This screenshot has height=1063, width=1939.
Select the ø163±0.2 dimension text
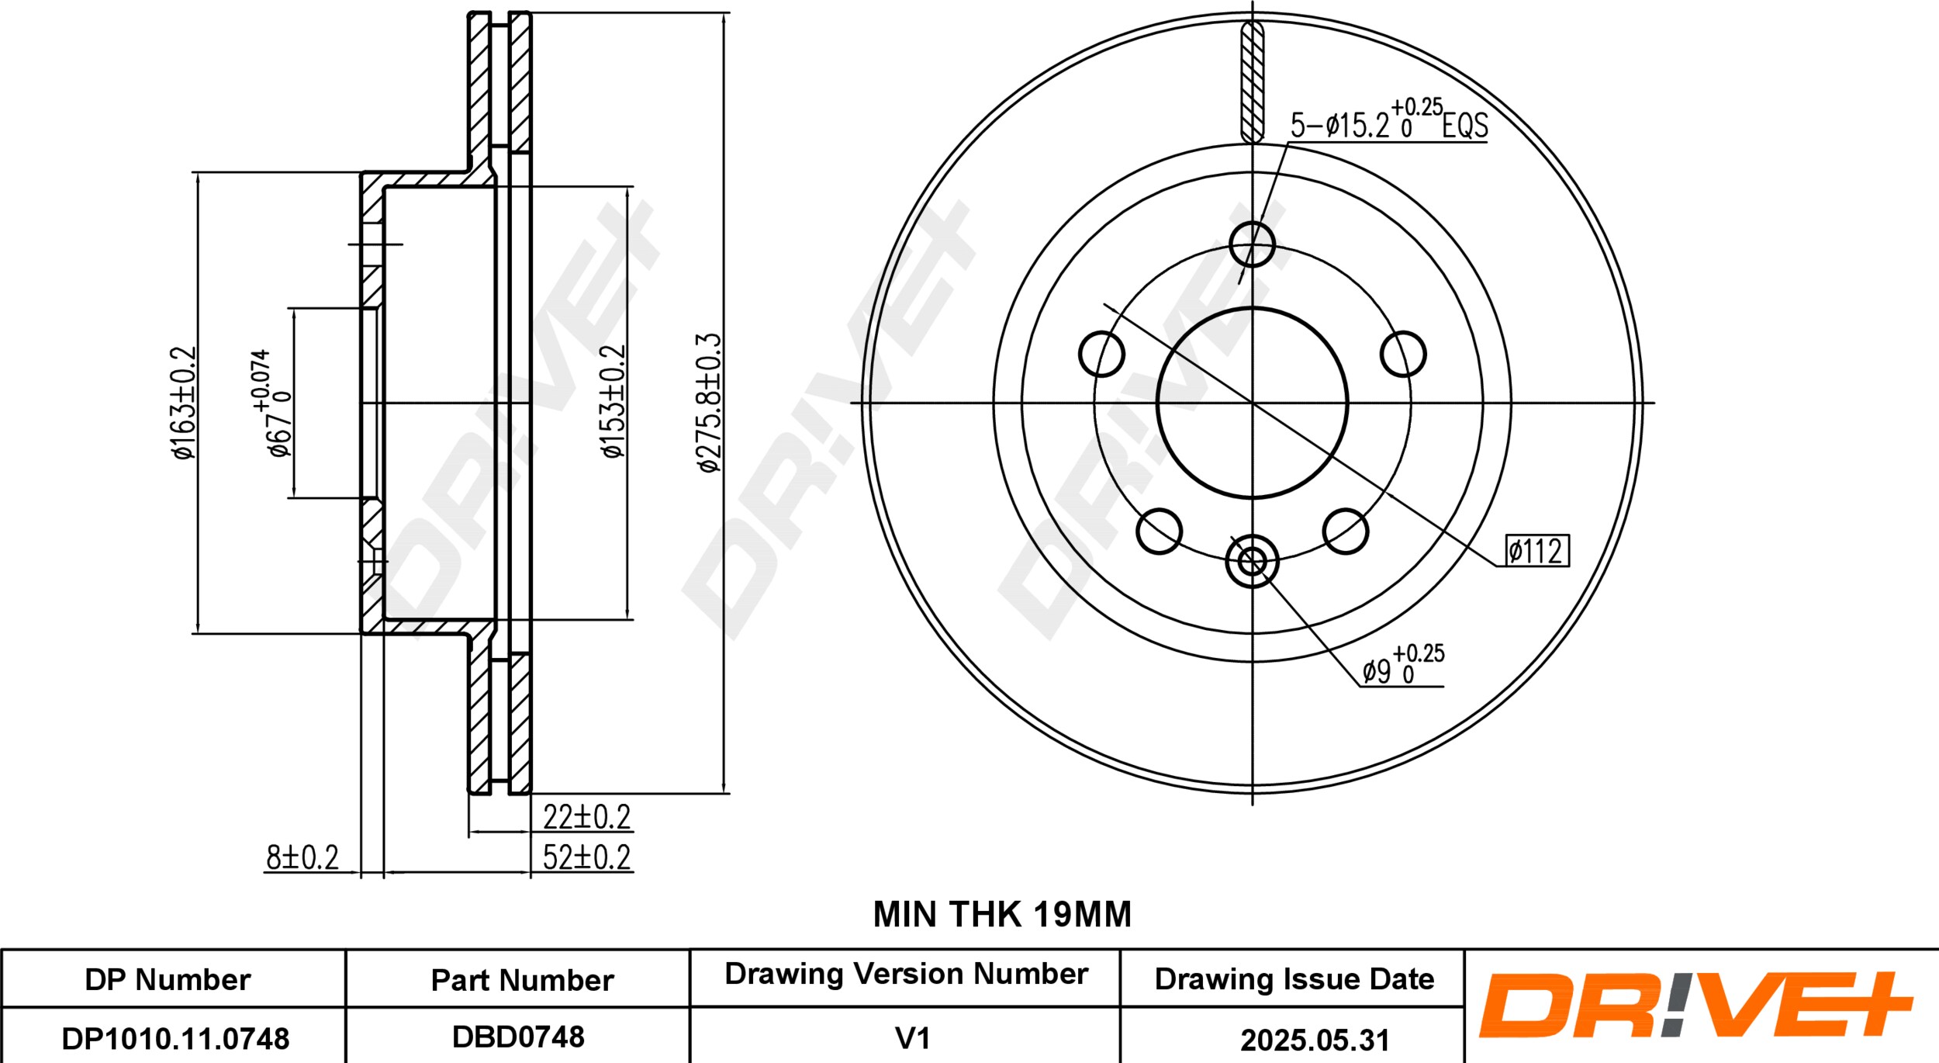[185, 403]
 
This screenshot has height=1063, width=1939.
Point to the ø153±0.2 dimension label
[613, 401]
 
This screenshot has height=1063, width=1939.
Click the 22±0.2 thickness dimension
[586, 817]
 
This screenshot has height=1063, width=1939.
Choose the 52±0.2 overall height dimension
[586, 857]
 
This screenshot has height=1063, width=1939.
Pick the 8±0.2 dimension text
[302, 857]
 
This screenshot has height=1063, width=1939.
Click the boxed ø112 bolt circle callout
[1537, 551]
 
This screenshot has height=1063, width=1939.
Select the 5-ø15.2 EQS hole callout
[1389, 119]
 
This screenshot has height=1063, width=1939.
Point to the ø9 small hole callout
[1403, 665]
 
